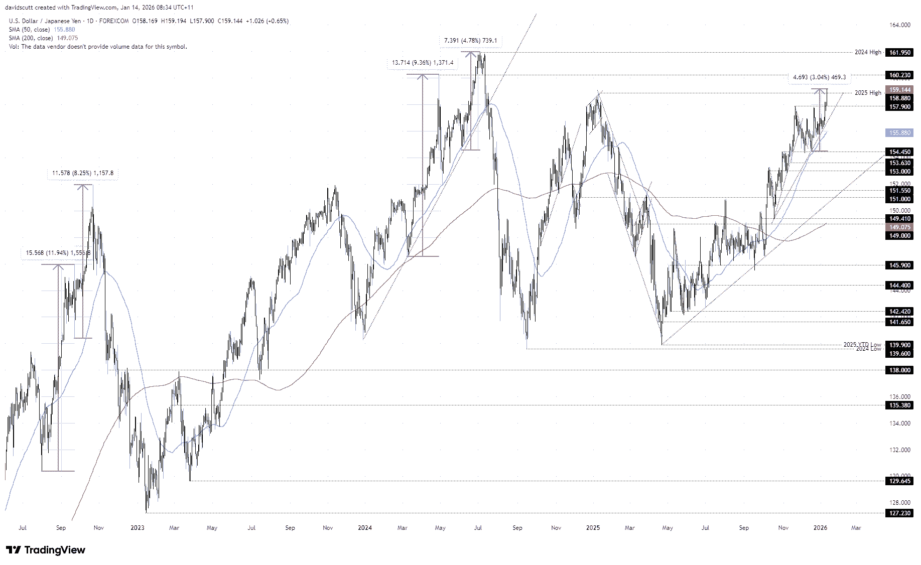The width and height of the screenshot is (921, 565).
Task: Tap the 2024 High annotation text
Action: (867, 52)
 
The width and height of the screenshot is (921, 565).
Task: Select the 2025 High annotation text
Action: (867, 92)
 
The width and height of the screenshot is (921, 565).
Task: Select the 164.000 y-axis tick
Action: (899, 25)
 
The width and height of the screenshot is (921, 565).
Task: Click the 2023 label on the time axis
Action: (137, 528)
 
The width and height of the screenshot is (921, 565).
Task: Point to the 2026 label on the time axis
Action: (820, 528)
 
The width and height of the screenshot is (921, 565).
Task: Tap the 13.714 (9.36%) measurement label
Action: (422, 63)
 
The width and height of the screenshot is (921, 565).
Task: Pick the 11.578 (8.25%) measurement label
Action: (83, 173)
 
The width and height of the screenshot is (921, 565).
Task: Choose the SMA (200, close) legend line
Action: (44, 38)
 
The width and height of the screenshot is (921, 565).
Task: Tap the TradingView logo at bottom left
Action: (46, 550)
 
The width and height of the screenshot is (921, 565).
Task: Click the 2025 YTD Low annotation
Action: (862, 344)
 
